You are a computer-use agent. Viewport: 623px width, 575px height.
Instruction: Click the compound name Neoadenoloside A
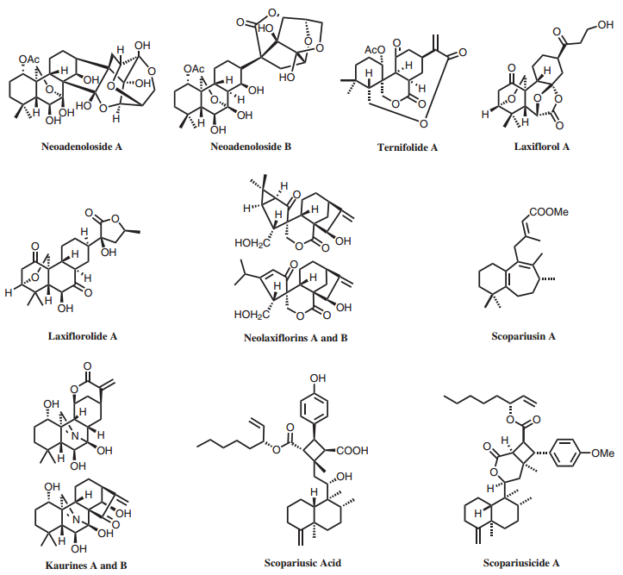[81, 147]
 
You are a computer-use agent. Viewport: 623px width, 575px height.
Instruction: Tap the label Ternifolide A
[408, 147]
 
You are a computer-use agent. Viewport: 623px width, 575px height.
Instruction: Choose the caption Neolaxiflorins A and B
[296, 337]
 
